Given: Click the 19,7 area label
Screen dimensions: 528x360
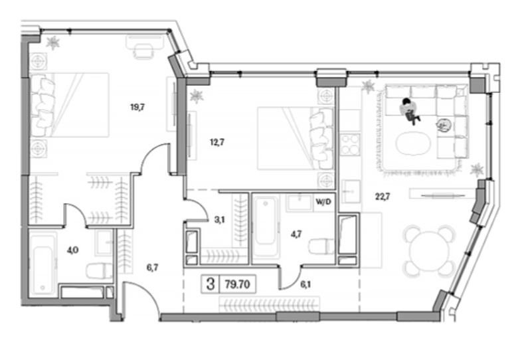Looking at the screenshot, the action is click(x=137, y=108).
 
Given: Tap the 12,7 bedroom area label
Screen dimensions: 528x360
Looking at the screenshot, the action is click(x=217, y=142).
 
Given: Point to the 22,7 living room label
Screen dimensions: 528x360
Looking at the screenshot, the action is click(x=383, y=196).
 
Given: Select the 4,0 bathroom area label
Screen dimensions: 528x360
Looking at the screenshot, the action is click(x=73, y=250).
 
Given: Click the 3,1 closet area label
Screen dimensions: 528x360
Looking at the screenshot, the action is click(x=220, y=221).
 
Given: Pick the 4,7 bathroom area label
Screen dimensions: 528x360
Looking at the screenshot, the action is click(x=296, y=234).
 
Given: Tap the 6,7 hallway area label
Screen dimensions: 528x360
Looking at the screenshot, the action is click(x=152, y=268).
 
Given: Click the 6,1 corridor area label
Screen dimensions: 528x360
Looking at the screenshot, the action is click(x=306, y=284).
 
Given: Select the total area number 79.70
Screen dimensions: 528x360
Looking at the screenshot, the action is click(x=237, y=284).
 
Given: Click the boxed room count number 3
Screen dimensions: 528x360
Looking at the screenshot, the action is click(x=211, y=284).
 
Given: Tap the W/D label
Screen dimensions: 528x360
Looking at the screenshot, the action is click(x=323, y=202).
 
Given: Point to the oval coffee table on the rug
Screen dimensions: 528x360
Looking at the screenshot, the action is click(x=413, y=143).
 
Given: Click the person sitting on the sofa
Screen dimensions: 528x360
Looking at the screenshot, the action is click(x=410, y=111).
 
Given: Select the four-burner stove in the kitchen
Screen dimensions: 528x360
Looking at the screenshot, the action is click(x=350, y=144).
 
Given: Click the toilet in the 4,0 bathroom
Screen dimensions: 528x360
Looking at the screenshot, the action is click(x=100, y=271).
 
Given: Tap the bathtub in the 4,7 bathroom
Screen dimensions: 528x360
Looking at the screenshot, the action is click(x=266, y=227).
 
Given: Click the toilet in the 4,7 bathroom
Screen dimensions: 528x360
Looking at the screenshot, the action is click(x=321, y=246).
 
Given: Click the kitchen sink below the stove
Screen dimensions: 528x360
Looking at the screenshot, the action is click(x=351, y=191).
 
